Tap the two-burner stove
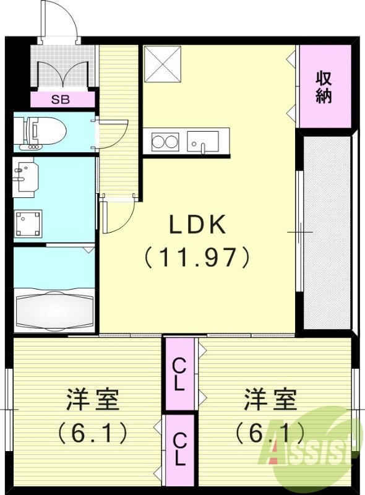164,141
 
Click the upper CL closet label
179,374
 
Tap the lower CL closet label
179,449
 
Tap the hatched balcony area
326,232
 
